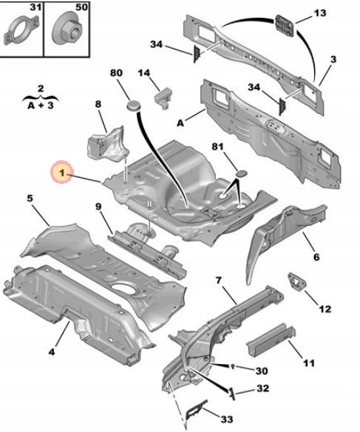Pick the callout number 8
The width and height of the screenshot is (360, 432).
[97, 106]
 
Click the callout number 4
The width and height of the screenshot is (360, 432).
[51, 352]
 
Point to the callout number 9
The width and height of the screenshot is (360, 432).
[98, 205]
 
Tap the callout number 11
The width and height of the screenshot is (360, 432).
[309, 363]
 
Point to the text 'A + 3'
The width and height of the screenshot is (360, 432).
[41, 105]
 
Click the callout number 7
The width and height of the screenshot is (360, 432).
[218, 281]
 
